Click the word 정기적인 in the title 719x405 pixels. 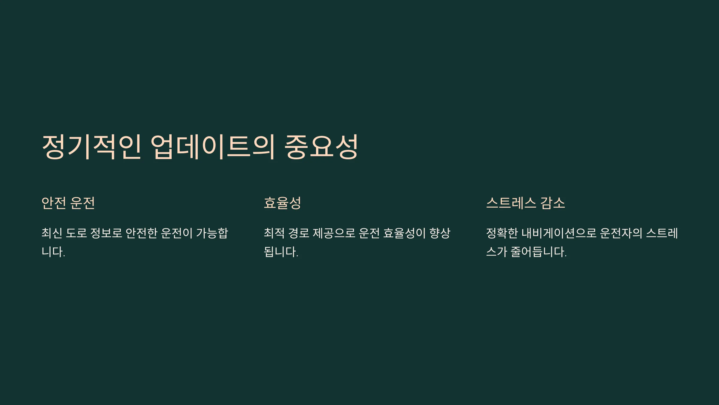coord(91,147)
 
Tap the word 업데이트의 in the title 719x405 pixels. coord(212,147)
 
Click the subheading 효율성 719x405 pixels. coord(282,203)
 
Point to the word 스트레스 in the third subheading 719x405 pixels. coord(511,203)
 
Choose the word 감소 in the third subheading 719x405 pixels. coord(553,203)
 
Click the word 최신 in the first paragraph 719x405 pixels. coord(52,233)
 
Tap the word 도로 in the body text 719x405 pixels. coord(76,233)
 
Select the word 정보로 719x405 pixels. coord(106,233)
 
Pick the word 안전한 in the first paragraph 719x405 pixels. coord(141,233)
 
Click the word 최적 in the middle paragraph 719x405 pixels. coord(274,233)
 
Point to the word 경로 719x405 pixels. coord(299,233)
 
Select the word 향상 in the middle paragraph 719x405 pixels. coord(440,233)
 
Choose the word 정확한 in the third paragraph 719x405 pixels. coord(502,233)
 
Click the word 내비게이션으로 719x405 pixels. coord(559,233)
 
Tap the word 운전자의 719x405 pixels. coord(621,233)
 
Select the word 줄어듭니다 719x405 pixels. coord(538,252)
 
